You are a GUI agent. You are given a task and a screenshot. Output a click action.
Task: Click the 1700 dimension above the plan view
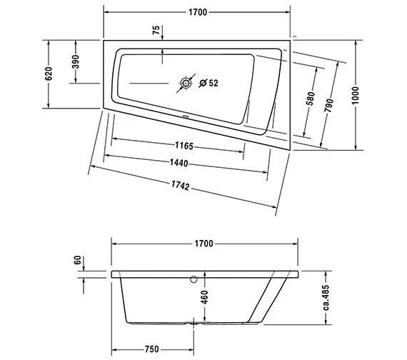point(197,11)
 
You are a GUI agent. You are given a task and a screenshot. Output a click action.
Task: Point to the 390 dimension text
point(75,62)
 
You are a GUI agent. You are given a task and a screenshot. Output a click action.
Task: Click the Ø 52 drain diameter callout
point(208,83)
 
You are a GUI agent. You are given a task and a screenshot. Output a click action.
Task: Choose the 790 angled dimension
point(329,106)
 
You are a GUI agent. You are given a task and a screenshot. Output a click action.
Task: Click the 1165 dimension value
point(184,146)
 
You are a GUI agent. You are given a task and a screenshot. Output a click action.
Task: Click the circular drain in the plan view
point(186,83)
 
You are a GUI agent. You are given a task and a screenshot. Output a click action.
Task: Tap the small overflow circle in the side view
point(194,279)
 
